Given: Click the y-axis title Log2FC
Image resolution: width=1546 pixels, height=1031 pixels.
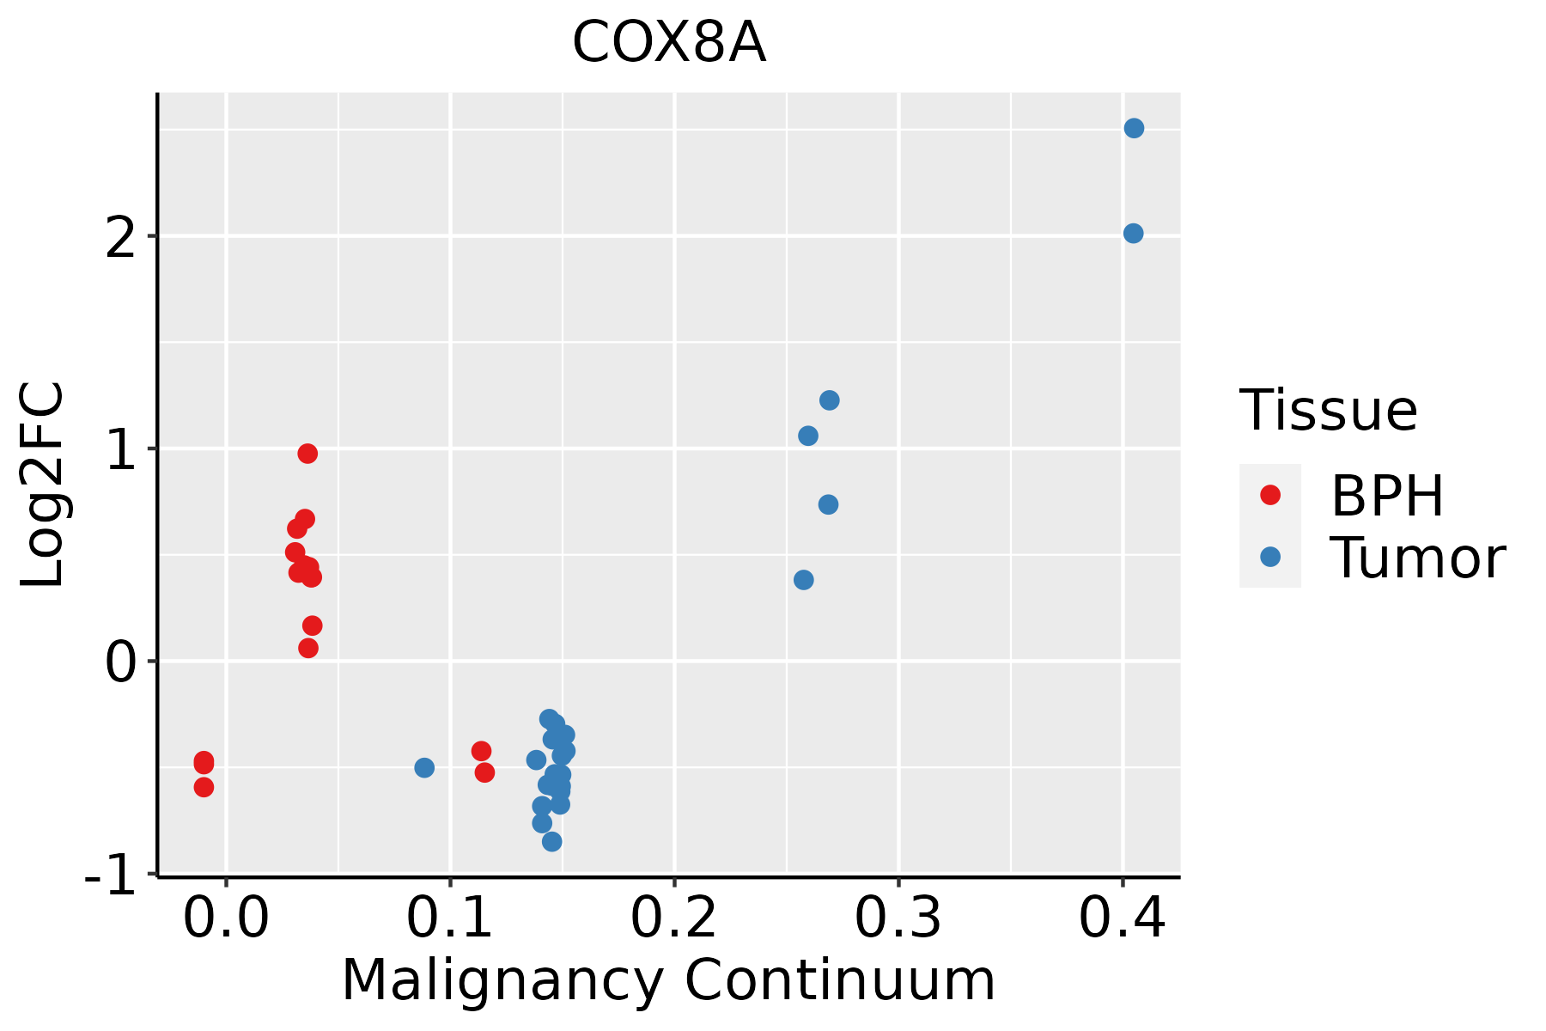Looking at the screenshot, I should pos(43,485).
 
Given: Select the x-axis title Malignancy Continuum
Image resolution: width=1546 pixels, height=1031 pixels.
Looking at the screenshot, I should pos(668,980).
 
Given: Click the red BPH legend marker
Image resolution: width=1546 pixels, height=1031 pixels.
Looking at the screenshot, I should pos(1269,494).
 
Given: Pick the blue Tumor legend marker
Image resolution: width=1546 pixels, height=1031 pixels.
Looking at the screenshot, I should pos(1269,557).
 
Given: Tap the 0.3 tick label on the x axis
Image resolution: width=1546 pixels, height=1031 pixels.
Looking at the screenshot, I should pos(898,919).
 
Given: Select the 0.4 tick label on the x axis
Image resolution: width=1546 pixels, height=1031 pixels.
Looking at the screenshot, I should pos(1122,919).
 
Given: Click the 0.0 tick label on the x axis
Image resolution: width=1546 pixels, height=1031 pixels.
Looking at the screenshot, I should pos(225,919).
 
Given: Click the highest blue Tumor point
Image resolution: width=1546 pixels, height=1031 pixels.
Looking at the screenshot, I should pos(1134,128).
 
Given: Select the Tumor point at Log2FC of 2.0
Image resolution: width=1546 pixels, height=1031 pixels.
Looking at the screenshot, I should pos(1133,233).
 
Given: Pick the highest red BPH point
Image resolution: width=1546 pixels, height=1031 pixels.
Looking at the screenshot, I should pos(307,453).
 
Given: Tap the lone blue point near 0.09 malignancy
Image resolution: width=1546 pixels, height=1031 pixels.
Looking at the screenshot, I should pos(424,767).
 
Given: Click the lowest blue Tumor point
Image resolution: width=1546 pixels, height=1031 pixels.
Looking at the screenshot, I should pos(552,841).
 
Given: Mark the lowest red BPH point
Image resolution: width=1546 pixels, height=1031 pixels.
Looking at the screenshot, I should pos(204,787).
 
